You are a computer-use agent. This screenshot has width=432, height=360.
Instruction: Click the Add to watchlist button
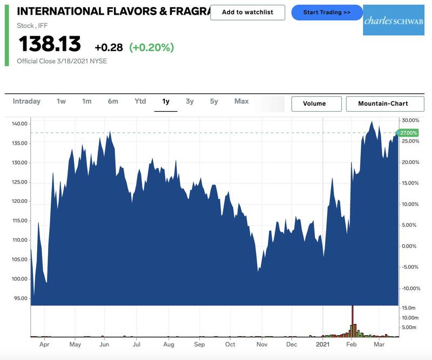point(247,12)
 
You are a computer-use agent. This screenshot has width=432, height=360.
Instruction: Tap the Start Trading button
point(327,12)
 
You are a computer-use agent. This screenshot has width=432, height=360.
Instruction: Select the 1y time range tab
point(166,101)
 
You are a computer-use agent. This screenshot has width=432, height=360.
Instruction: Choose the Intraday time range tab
point(26,101)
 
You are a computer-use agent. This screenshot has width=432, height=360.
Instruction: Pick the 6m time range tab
point(113,101)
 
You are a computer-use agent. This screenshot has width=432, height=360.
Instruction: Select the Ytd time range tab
point(140,101)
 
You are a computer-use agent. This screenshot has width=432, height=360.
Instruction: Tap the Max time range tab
point(241,101)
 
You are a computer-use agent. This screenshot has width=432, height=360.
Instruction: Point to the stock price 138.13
point(50,44)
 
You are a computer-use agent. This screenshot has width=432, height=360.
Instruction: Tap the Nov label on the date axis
point(262,344)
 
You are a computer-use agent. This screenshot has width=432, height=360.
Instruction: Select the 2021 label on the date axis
point(323,344)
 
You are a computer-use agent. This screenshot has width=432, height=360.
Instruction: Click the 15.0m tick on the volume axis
point(409,308)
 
